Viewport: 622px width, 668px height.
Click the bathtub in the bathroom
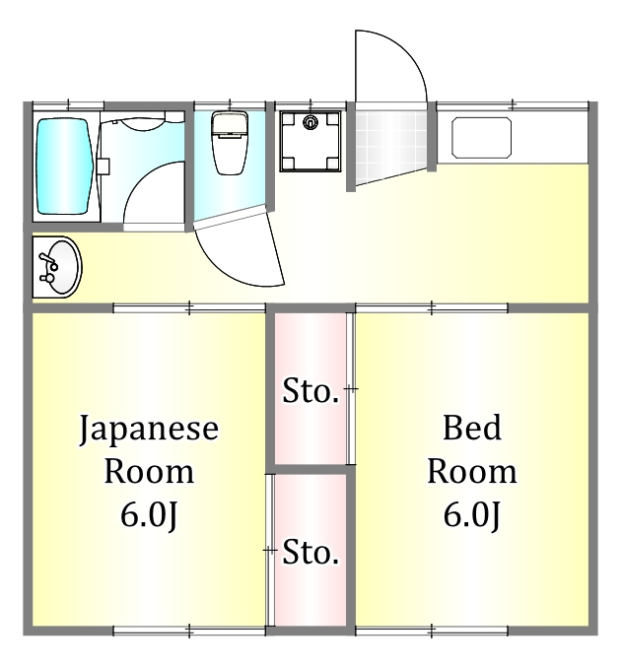coord(66,167)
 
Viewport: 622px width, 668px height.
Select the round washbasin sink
coord(58,267)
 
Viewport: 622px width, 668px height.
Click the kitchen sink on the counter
coord(481,137)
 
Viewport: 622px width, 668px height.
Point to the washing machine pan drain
coord(311,123)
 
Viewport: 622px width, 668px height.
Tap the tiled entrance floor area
coord(390,144)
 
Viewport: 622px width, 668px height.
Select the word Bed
coord(471,429)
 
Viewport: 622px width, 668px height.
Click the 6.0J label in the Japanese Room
coord(148,514)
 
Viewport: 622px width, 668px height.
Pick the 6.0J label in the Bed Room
coord(471,514)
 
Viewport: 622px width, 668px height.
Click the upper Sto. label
coord(311,391)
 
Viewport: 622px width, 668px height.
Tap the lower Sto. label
coord(311,553)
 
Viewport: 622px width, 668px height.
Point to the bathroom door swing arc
coord(148,177)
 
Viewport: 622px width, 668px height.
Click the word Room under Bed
coord(471,471)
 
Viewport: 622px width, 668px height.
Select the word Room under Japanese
coord(148,472)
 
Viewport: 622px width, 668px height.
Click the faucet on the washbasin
coord(45,267)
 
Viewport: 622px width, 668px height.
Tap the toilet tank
coord(230,124)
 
